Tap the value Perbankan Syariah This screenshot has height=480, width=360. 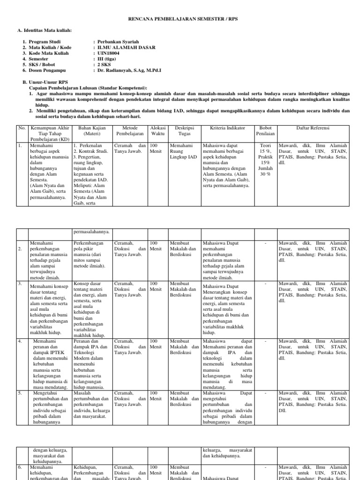[118, 42]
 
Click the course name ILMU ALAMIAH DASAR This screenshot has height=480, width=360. [126, 47]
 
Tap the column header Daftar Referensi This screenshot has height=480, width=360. [313, 128]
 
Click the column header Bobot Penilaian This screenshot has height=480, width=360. [265, 131]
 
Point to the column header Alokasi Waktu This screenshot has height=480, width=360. [157, 131]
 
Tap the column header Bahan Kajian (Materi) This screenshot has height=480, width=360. [91, 131]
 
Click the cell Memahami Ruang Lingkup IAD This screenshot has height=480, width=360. [183, 151]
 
